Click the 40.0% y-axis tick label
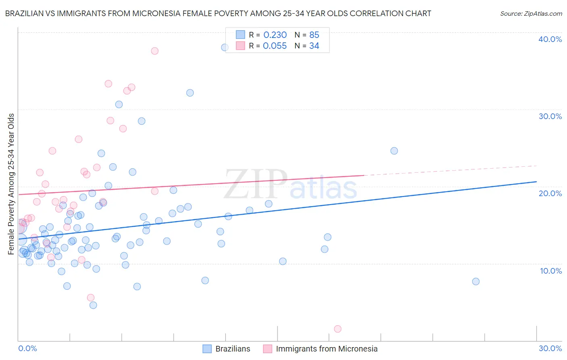tap(550, 39)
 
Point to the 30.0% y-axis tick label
tap(550, 116)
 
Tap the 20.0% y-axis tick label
tap(550, 193)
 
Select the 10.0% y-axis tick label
tap(551, 271)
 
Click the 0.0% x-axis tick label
tap(27, 348)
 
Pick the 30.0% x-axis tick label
tap(550, 348)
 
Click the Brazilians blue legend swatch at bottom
tap(207, 349)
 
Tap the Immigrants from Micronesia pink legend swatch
tap(267, 349)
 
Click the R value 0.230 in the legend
tap(275, 35)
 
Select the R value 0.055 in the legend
tap(275, 46)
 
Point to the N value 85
tap(314, 35)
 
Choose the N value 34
tap(314, 46)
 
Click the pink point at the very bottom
tap(338, 329)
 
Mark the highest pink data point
tap(154, 51)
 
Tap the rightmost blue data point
tap(476, 281)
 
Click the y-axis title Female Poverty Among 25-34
tap(11, 184)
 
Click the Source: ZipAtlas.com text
tap(531, 14)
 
